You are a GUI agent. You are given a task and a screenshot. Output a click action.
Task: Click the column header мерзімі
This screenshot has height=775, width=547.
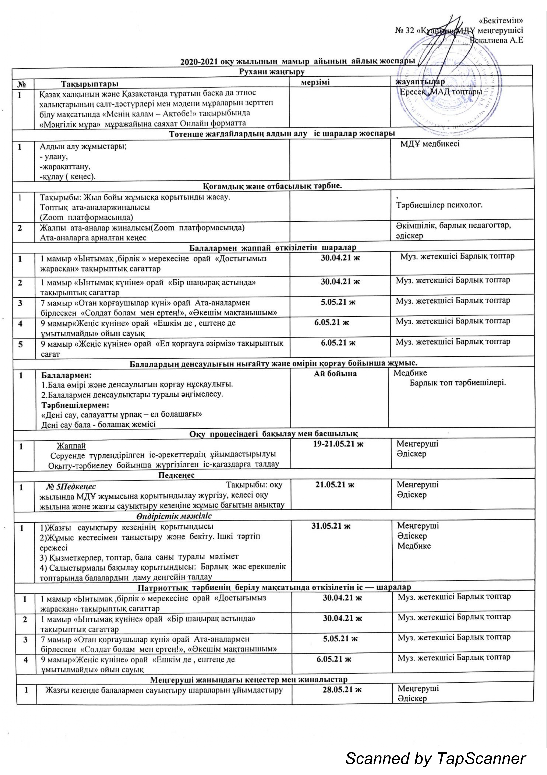[x=315, y=82]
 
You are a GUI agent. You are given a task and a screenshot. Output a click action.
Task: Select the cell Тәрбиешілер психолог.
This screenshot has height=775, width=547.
[x=439, y=205]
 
